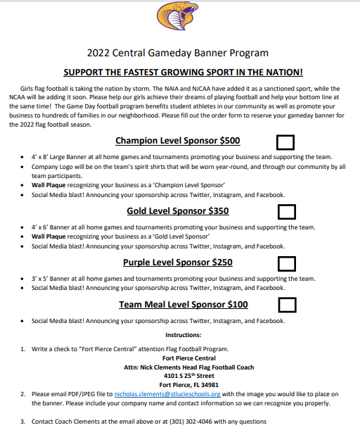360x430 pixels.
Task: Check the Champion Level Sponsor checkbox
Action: point(286,141)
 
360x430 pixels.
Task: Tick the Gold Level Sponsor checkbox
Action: point(286,210)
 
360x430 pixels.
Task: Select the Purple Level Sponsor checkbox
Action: point(286,263)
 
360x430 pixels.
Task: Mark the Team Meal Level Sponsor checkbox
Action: point(286,304)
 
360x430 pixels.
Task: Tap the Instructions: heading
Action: point(183,334)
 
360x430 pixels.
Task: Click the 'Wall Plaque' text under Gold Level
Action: point(51,237)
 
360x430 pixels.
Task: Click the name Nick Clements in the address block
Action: point(175,367)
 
